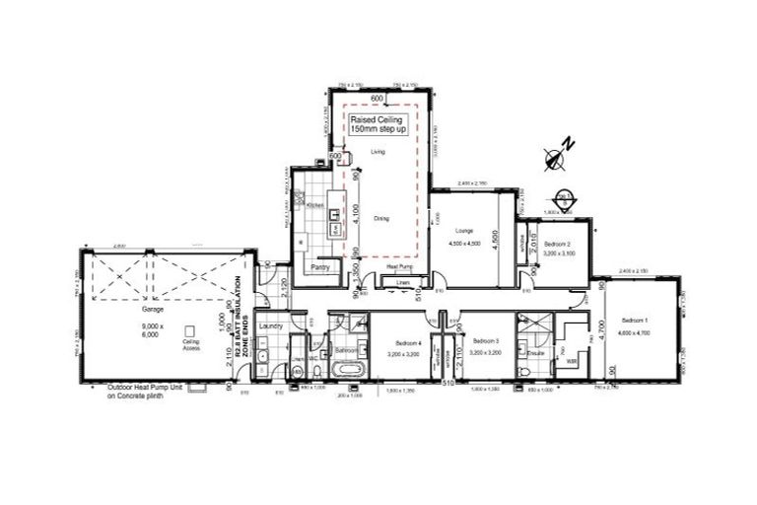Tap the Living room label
[x=378, y=152]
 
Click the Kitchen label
[x=315, y=204]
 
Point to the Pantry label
[x=318, y=267]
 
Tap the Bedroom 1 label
[x=635, y=322]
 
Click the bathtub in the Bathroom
[x=346, y=371]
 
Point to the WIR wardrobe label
[x=571, y=362]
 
